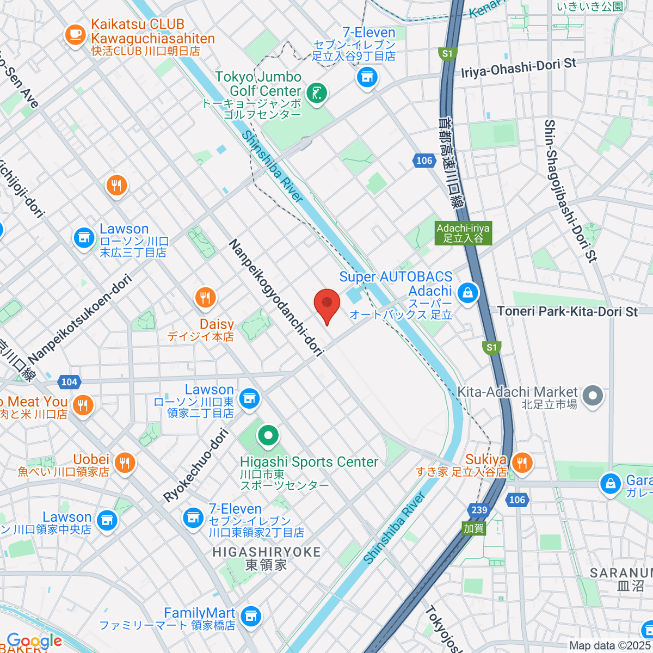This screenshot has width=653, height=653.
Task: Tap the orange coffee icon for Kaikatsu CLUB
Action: [75, 35]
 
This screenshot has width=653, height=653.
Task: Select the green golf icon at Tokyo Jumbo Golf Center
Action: [316, 94]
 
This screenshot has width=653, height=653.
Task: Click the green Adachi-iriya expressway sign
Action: [463, 233]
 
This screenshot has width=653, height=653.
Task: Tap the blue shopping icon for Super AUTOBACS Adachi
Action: [467, 293]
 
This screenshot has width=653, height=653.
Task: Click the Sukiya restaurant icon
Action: [522, 463]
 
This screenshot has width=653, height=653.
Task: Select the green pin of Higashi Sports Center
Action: [268, 435]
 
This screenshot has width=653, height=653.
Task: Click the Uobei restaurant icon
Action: [125, 463]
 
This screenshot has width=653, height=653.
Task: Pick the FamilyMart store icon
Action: [250, 616]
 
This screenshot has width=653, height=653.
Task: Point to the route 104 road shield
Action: [69, 381]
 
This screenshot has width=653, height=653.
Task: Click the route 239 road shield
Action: [479, 510]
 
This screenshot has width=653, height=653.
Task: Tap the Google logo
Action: [34, 641]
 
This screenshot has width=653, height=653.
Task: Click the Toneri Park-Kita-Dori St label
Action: [567, 311]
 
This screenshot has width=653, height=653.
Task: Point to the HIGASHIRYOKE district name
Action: [266, 552]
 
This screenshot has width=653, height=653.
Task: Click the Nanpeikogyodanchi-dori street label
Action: [276, 298]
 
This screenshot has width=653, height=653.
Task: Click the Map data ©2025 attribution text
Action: [609, 645]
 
